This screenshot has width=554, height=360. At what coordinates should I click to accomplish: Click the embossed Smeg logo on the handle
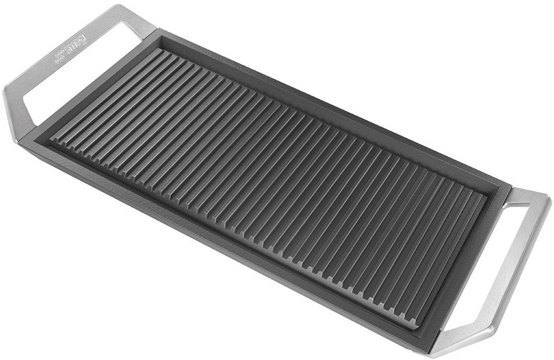pyautogui.click(x=71, y=48)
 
